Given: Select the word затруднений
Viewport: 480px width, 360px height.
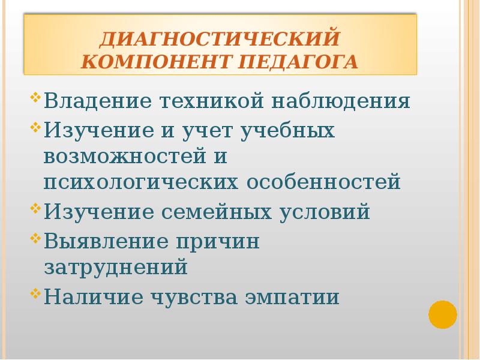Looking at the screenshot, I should (x=116, y=267).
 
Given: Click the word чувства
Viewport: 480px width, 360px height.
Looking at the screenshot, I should (x=202, y=296).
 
